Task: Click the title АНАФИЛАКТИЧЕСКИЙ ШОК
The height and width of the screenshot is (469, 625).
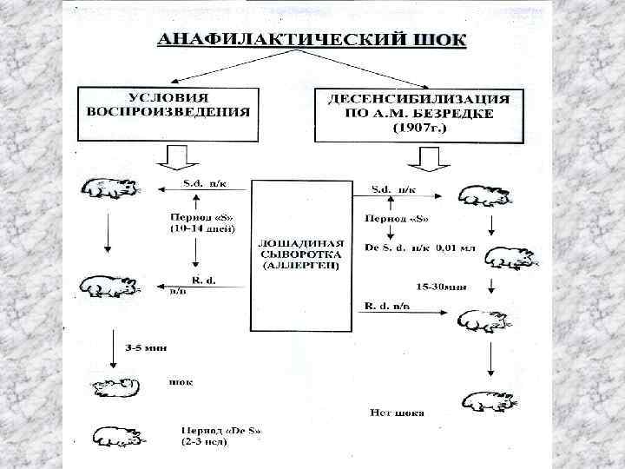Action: point(311,40)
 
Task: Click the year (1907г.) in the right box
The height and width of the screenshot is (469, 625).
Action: point(418,128)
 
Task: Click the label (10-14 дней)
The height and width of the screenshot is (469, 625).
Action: point(197,228)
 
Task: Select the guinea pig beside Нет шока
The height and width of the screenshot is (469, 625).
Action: point(488,400)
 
